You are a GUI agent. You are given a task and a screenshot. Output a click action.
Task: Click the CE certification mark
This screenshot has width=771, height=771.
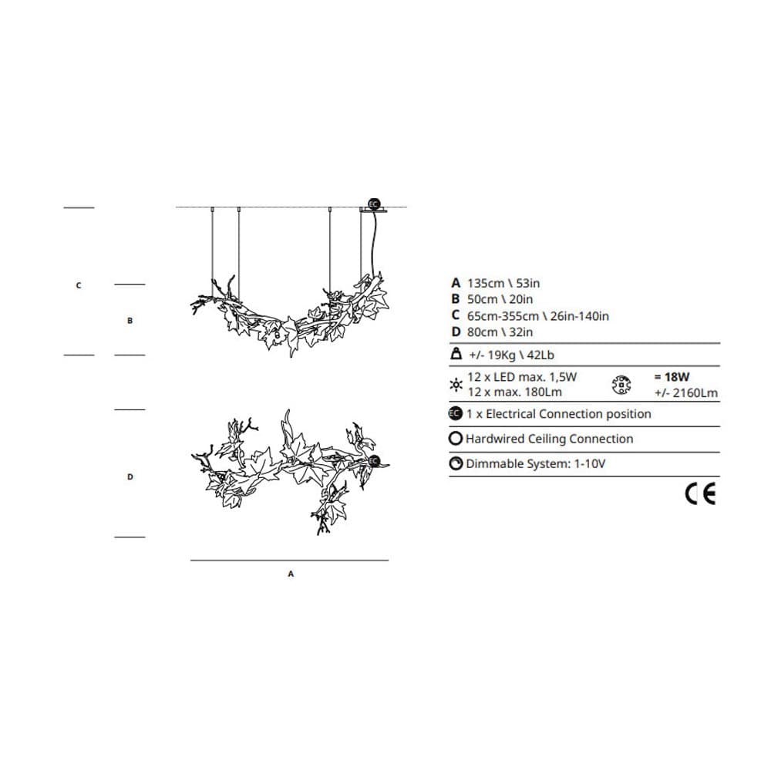pos(700,494)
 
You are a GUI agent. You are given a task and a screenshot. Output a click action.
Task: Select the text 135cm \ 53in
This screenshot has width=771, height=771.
pos(503,283)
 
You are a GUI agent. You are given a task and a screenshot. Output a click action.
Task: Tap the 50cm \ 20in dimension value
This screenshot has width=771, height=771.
pos(500,299)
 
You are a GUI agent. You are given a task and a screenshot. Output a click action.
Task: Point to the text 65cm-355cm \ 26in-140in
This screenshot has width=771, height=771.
pos(537,315)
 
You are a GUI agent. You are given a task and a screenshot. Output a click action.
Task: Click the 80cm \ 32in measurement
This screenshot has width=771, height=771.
pos(500,332)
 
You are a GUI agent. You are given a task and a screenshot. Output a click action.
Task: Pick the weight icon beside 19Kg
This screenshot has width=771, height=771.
pos(456,354)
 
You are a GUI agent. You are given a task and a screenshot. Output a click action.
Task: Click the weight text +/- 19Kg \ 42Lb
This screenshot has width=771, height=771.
pos(511,355)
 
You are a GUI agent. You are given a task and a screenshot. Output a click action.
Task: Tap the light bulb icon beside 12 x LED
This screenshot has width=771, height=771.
pos(456,385)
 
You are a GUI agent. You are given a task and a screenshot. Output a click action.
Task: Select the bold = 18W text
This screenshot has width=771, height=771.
pos(672,377)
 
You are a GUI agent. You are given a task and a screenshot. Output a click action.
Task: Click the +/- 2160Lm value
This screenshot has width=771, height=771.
pos(686,393)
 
